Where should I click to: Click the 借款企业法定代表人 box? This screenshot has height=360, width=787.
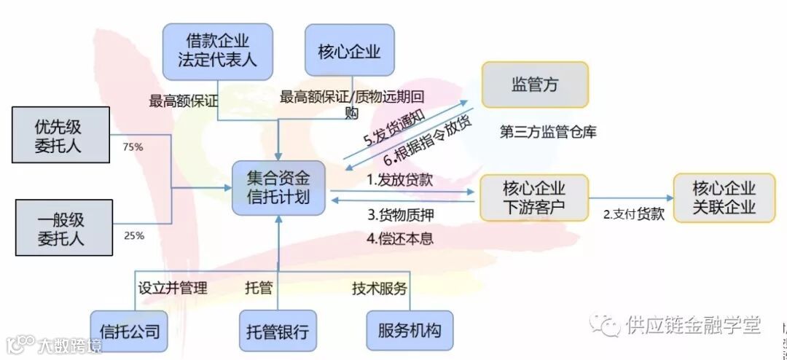tap(217, 51)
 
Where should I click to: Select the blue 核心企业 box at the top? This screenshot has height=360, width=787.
tap(349, 51)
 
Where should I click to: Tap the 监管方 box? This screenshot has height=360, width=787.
tap(535, 85)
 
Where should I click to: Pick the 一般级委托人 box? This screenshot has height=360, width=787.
tap(64, 227)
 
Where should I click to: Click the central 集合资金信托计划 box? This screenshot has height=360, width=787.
tap(278, 188)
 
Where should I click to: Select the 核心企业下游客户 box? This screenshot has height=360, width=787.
tap(534, 197)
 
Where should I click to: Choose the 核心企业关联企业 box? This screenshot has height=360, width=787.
tap(724, 197)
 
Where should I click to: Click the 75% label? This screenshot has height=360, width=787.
tap(133, 147)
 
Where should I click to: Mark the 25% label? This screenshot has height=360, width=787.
tap(134, 235)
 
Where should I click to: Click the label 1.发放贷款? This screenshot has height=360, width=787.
tap(399, 180)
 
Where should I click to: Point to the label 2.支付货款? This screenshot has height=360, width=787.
tap(633, 214)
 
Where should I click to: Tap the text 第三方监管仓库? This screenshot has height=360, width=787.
tap(548, 133)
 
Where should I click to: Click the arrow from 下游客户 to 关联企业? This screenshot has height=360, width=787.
tap(630, 197)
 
